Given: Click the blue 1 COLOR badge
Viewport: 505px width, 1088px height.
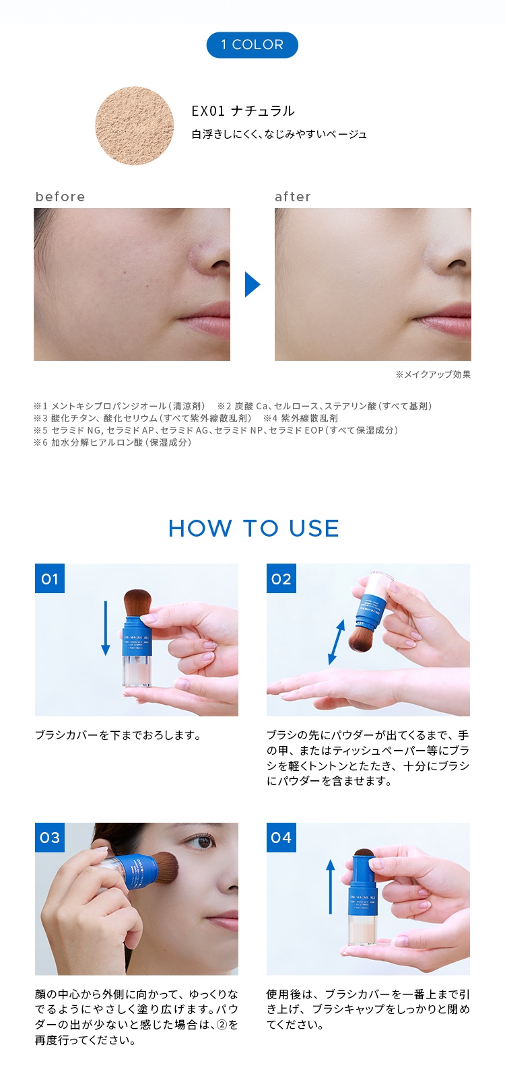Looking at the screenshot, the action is tap(252, 44).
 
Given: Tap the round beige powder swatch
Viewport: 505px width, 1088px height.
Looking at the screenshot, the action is tap(135, 127).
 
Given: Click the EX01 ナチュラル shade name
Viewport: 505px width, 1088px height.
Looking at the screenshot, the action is tap(243, 111).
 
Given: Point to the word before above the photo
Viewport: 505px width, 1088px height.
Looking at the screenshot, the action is tap(60, 197).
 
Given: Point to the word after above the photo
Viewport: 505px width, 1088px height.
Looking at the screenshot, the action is tap(293, 197).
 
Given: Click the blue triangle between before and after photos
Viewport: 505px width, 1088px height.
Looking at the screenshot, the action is tap(252, 284).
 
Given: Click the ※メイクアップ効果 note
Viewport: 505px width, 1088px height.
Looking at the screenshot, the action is tap(433, 374).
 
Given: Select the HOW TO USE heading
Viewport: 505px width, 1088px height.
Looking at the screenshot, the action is tap(253, 529).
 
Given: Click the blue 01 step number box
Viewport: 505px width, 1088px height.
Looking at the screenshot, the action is tap(50, 578).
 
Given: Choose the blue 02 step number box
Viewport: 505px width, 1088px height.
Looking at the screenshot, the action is tap(281, 578).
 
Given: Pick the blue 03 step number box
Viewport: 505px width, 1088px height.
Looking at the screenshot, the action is tap(50, 838).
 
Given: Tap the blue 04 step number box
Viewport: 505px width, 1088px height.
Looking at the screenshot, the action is tap(281, 838).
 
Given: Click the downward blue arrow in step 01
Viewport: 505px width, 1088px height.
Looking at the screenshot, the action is tap(105, 627).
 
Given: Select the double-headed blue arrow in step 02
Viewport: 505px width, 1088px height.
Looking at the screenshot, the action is tap(336, 642).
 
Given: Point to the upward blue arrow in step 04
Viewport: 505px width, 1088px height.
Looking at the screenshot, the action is tap(330, 887).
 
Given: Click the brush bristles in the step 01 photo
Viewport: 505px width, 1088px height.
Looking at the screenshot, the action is tap(139, 603).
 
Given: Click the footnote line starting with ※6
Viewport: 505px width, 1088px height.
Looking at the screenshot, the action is tap(112, 442).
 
